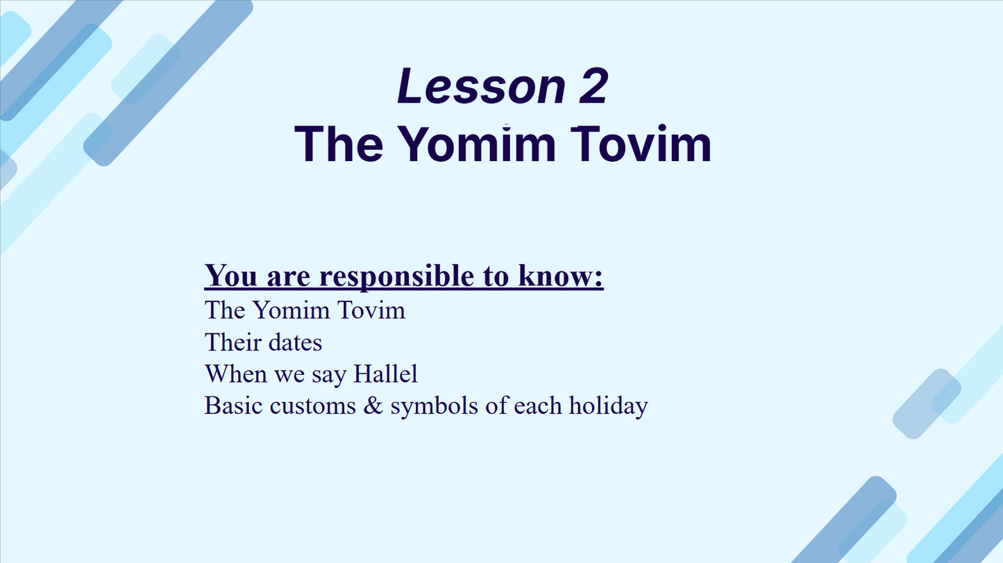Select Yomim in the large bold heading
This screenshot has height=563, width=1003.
coord(476,144)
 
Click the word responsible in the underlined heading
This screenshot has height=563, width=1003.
coord(396,276)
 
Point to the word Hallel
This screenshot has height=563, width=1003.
coord(385,373)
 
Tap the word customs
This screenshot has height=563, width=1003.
coord(312,406)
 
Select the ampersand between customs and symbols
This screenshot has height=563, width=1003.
coord(373,405)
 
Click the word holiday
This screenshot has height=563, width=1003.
coord(609,406)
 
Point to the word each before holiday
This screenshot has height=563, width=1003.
coord(537,405)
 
